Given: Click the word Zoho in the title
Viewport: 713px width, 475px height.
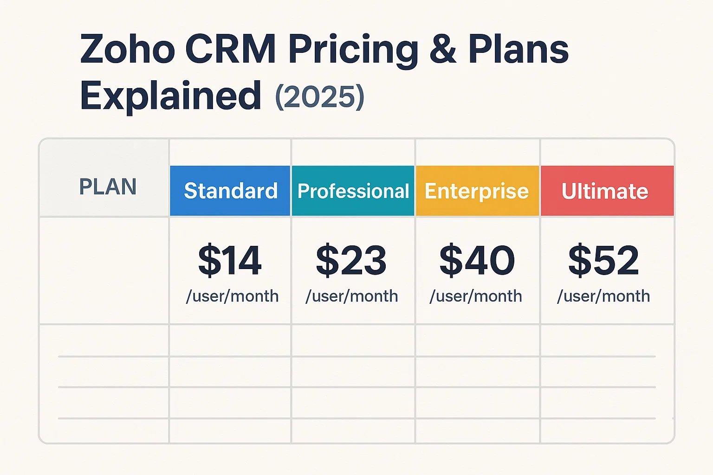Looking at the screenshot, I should pos(127,49).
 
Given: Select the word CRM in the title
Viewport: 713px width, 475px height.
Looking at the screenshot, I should pos(230,49).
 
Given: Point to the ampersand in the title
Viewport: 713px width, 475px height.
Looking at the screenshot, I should pos(442,49).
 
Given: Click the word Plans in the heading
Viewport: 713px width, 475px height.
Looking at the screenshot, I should pos(518,49).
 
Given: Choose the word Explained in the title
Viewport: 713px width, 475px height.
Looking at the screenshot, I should pos(171,96).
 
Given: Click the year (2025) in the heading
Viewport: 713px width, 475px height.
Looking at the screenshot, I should pos(320,97).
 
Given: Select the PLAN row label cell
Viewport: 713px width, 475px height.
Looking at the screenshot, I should pos(108,187).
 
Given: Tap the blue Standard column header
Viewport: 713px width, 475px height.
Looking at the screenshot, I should pos(230,191).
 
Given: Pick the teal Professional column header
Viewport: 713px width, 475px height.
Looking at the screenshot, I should pos(353,191).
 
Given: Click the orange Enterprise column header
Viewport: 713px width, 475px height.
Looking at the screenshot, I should pos(477,191).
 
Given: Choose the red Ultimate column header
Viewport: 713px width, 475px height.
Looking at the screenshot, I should pos(605,191).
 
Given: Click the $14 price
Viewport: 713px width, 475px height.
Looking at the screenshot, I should pos(230,261).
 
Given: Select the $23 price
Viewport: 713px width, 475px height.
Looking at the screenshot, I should pos(351,261).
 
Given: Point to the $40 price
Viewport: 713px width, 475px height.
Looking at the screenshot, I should pos(477,261).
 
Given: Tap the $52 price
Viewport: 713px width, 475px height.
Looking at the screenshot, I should pos(603,261).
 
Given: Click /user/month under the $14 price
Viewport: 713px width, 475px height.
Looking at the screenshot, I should pos(232,296).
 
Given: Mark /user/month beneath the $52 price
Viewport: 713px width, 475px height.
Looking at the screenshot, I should pos(603,296).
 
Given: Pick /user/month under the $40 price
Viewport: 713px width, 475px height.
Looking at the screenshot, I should pos(476,296).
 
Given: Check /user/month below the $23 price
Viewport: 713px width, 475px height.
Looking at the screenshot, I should pos(352,296).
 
